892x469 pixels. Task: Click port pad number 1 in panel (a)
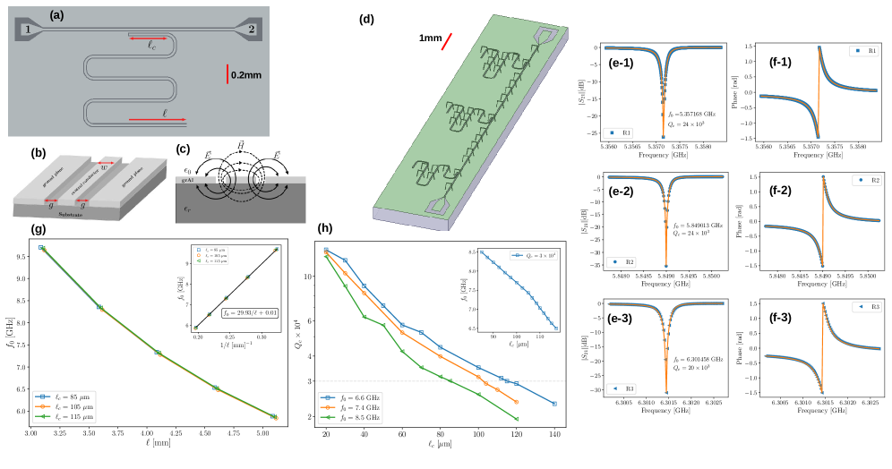tap(28, 30)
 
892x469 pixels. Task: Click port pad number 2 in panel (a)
tap(251, 30)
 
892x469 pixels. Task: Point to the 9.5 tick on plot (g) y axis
tap(21, 255)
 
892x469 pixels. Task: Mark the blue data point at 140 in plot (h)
tap(555, 404)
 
